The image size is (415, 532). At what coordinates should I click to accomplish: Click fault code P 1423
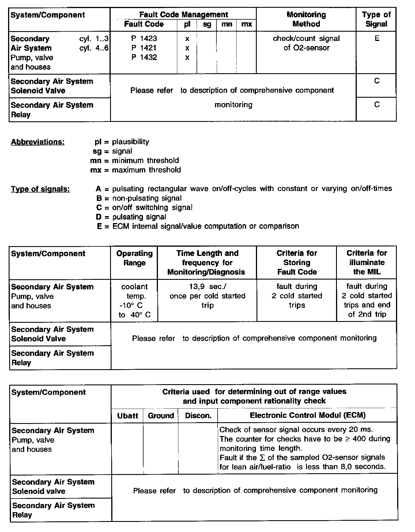pos(144,39)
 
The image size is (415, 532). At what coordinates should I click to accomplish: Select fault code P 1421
pos(144,48)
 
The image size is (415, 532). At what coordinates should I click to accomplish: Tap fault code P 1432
pos(144,57)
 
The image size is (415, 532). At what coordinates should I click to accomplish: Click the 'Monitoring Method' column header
pos(306,19)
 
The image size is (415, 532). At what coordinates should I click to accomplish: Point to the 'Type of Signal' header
pos(376,19)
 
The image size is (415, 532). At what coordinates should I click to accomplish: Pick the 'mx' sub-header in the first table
pos(246,24)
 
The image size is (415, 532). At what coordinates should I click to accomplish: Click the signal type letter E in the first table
pos(377,39)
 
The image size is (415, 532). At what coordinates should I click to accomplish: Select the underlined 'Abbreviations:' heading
pos(37,142)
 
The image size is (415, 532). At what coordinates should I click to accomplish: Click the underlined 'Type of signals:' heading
pos(40,189)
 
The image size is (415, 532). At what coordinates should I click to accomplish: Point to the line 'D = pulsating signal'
pos(131,217)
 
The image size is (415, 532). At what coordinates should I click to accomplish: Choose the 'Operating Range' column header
pos(134,258)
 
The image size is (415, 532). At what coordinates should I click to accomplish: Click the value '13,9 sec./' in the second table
pos(207,286)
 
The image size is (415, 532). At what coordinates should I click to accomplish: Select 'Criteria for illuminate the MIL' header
pos(367,262)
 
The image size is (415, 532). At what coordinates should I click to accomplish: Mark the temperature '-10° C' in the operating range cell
pos(131,305)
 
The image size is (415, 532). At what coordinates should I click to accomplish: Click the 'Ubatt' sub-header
pos(127,416)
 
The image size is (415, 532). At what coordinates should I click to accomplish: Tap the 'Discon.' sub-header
pos(198,416)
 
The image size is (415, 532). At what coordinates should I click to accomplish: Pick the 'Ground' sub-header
pos(161,416)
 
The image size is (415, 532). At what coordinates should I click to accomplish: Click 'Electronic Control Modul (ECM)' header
pos(308,415)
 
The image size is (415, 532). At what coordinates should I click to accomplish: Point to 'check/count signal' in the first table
pos(306,39)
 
